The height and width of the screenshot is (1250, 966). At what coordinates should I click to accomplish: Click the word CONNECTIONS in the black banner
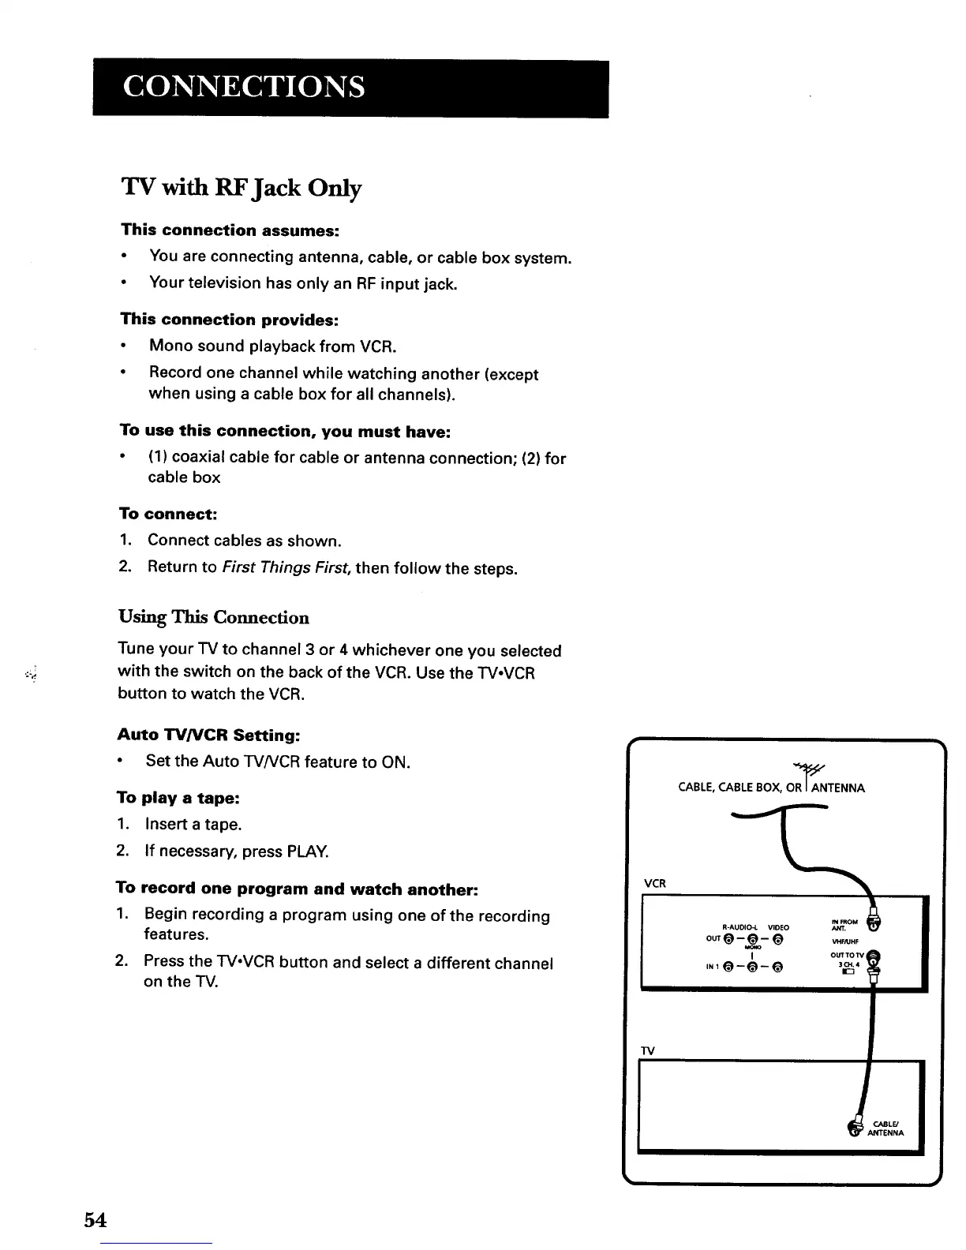click(x=243, y=86)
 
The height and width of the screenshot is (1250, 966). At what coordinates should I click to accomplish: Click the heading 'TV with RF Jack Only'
click(x=241, y=188)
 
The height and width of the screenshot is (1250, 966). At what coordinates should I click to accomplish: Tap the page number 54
click(x=95, y=1219)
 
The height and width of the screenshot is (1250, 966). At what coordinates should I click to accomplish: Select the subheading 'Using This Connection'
click(x=213, y=617)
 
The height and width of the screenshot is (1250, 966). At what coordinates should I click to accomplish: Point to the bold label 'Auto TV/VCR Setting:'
click(x=208, y=735)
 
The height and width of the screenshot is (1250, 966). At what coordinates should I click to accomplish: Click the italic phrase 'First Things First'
click(x=286, y=568)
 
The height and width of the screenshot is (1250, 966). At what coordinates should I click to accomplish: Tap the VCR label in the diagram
click(x=654, y=883)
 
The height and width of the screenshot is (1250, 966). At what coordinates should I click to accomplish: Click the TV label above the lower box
click(x=648, y=1050)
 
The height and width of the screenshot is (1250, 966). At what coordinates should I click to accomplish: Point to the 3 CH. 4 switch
click(x=848, y=972)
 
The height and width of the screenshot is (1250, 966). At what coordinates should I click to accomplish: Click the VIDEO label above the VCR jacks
click(x=778, y=926)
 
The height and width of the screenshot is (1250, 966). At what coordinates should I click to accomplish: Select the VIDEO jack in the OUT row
click(x=778, y=939)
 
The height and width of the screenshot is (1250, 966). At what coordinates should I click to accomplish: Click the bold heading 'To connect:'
click(x=167, y=514)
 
